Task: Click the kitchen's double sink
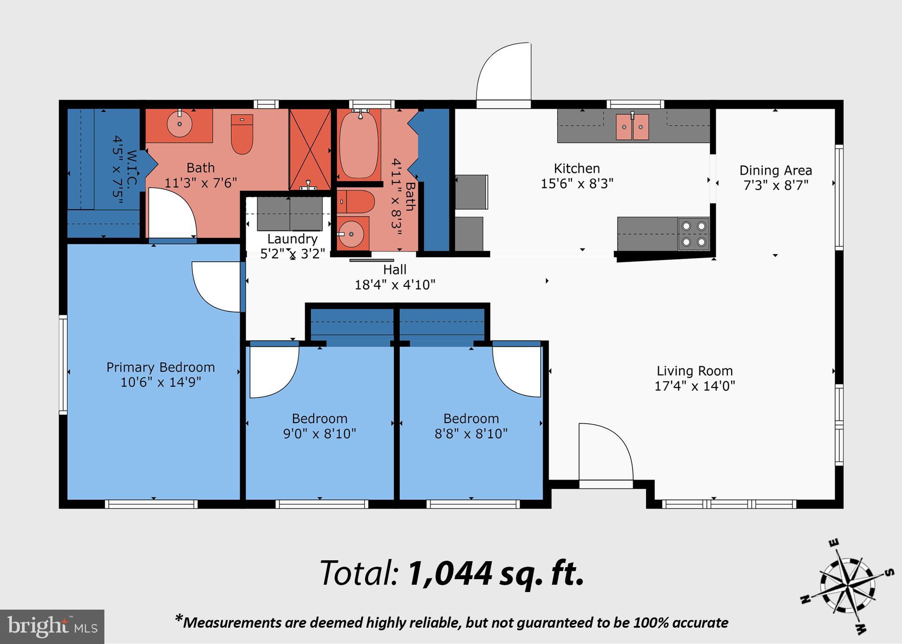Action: pos(632,127)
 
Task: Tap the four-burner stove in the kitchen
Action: pos(694,234)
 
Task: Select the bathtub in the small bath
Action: pos(359,144)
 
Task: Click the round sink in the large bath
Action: pos(180,124)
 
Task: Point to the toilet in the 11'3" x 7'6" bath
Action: pos(242,134)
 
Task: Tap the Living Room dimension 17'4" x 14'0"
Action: pos(695,386)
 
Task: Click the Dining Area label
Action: pos(775,170)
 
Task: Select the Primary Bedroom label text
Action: pos(160,367)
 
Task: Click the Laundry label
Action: pos(292,239)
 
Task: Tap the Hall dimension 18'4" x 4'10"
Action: pos(395,285)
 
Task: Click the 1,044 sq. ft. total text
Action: pos(496,574)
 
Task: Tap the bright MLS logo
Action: pos(52,626)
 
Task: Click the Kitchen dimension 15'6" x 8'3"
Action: pos(577,184)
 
